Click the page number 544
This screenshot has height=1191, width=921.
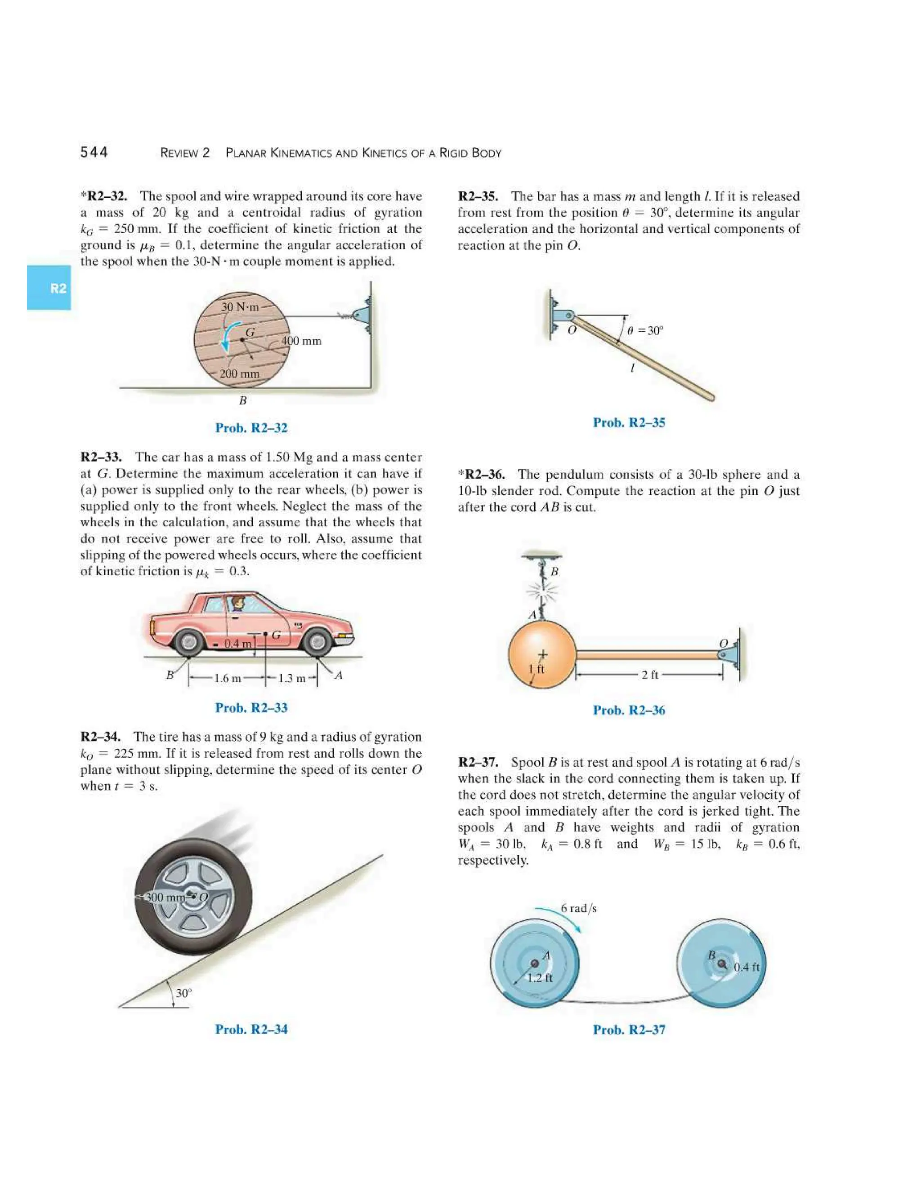point(94,152)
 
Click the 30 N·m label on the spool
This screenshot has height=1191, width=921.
point(240,307)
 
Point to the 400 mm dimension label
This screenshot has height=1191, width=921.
point(301,341)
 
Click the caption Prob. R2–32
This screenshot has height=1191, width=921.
point(251,428)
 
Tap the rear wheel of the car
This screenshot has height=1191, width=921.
point(189,642)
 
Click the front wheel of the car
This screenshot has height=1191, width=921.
point(317,642)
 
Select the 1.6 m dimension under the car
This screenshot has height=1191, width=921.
point(227,678)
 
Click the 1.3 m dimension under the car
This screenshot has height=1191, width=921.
point(291,678)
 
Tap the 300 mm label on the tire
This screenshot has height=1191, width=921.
point(166,897)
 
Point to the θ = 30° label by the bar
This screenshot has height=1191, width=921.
point(645,330)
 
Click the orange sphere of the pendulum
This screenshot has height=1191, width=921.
point(541,654)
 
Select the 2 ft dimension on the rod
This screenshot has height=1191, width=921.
point(649,675)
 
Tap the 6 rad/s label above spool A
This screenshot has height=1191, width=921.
point(578,908)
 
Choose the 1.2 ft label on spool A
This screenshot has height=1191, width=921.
point(540,978)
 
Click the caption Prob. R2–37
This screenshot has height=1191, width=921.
point(629,1030)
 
